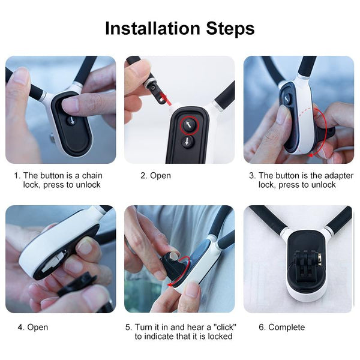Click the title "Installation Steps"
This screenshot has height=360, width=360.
pos(179,28)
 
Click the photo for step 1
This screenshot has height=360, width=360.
pos(61,110)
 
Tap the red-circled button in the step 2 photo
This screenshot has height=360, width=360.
pos(189,125)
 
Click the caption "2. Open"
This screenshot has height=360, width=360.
pos(155,176)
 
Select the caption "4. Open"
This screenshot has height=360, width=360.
pos(32,327)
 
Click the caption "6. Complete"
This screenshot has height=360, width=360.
pos(281,327)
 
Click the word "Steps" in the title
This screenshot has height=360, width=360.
pos(223,28)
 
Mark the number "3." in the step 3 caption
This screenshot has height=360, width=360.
pos(253,176)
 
